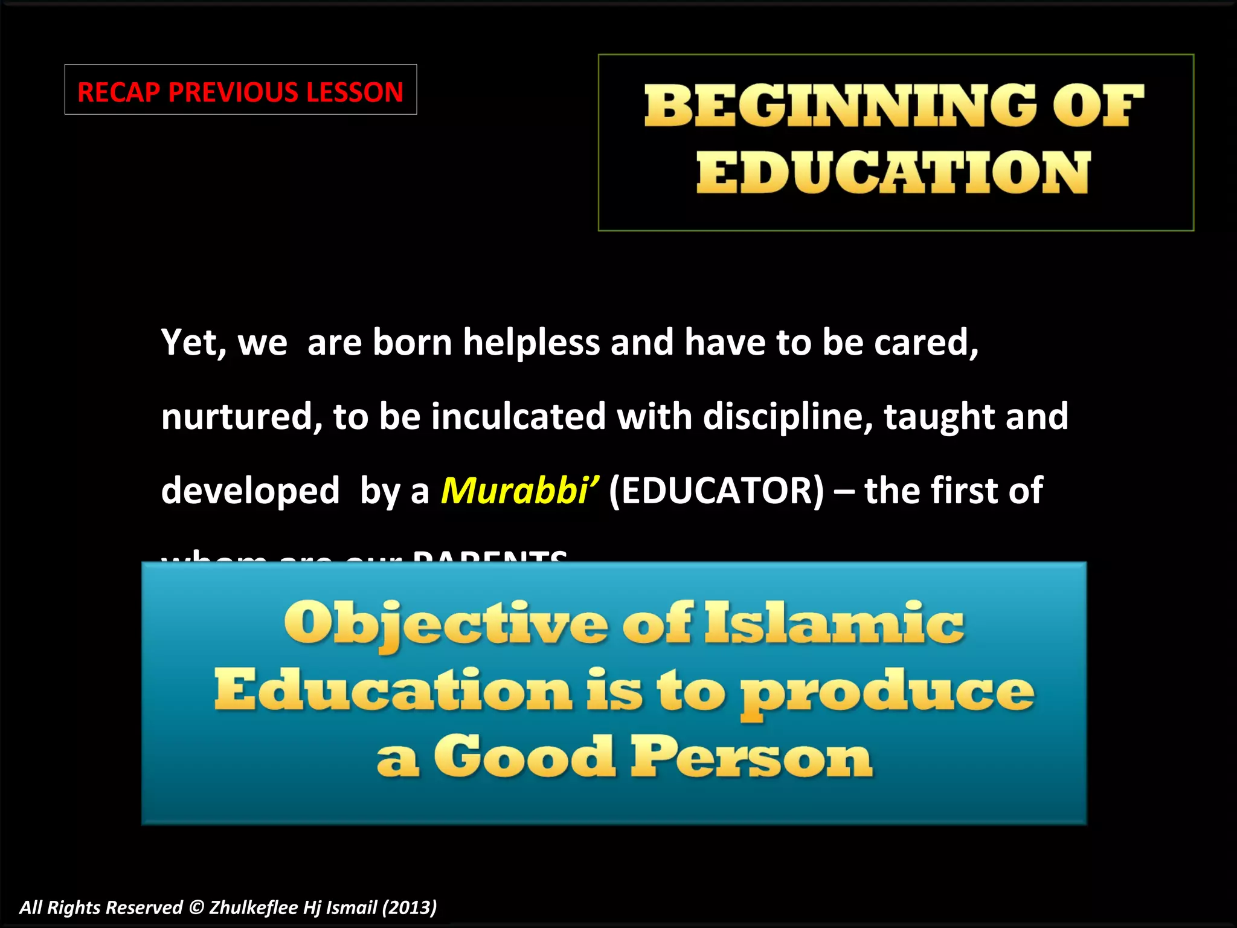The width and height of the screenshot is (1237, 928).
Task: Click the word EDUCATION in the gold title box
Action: pos(893,172)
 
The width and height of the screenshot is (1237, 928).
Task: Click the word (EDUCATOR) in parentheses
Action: pos(716,490)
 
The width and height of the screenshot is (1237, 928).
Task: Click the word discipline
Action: pos(788,417)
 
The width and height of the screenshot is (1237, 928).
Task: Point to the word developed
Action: pos(250,490)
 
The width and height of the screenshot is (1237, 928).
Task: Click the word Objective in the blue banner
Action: pos(446,623)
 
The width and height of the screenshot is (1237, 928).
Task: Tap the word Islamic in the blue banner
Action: pos(835,623)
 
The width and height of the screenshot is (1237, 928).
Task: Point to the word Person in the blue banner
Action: pos(752,758)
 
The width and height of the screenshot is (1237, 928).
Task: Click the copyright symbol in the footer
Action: pos(196,907)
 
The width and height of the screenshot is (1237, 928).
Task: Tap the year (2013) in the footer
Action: pos(409,907)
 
